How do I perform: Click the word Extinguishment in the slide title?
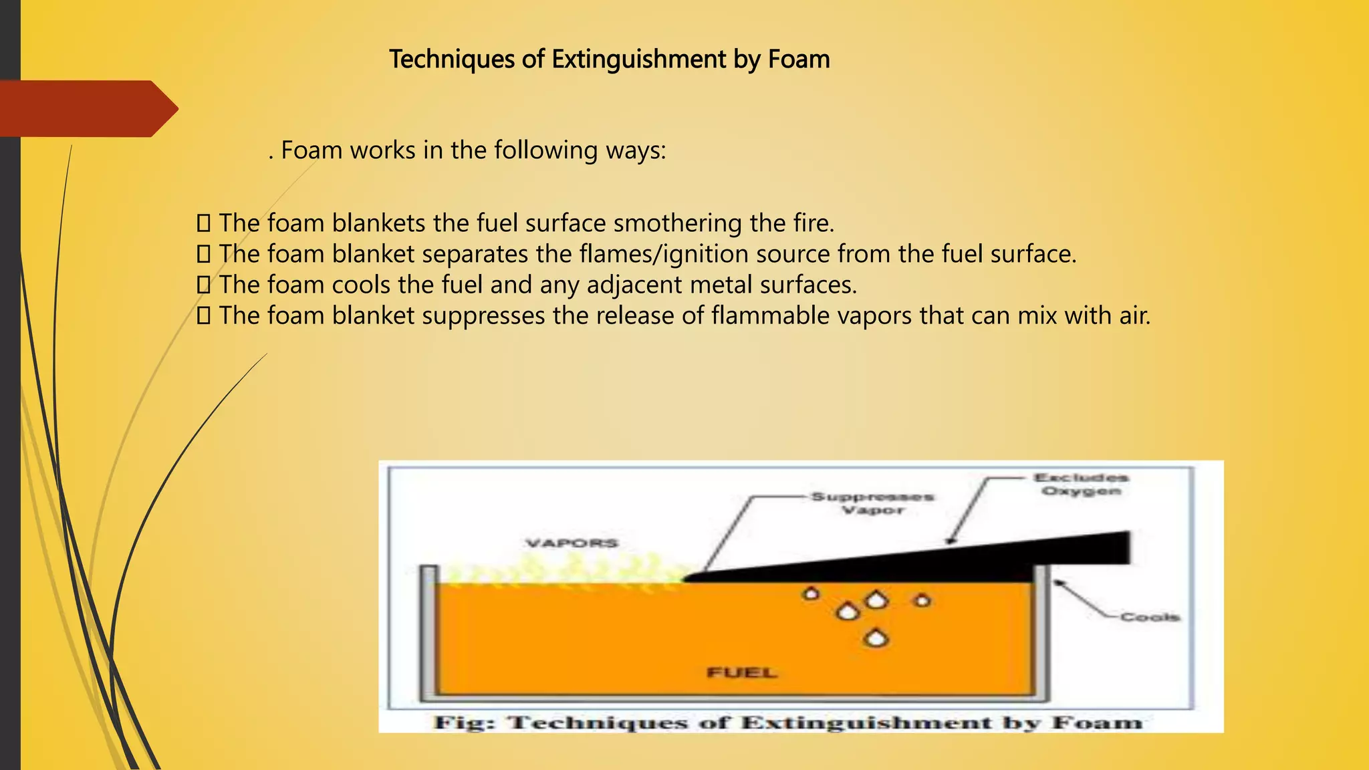(x=638, y=59)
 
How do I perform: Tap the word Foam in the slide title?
(x=799, y=59)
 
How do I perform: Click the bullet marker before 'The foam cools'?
(x=203, y=285)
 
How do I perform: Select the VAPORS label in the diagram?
(x=572, y=543)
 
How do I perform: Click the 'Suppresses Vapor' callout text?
(x=872, y=503)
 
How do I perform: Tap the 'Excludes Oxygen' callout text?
(x=1081, y=485)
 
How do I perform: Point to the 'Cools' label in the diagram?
(x=1150, y=617)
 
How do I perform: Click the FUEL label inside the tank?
(x=742, y=672)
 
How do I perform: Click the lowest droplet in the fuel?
(x=876, y=638)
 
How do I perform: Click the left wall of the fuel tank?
(x=428, y=635)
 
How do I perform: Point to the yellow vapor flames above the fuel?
(x=568, y=571)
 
